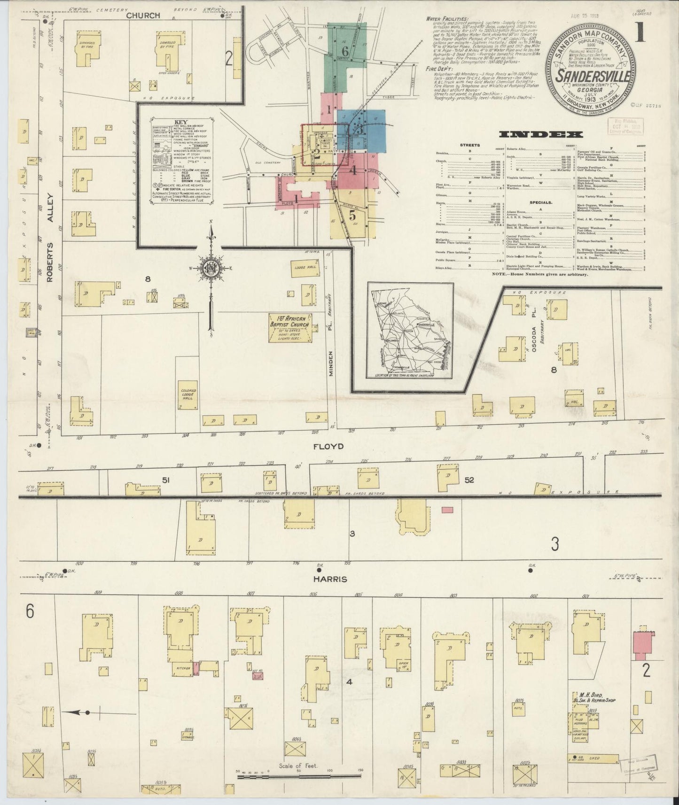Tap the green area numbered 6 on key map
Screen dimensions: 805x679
[345, 53]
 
